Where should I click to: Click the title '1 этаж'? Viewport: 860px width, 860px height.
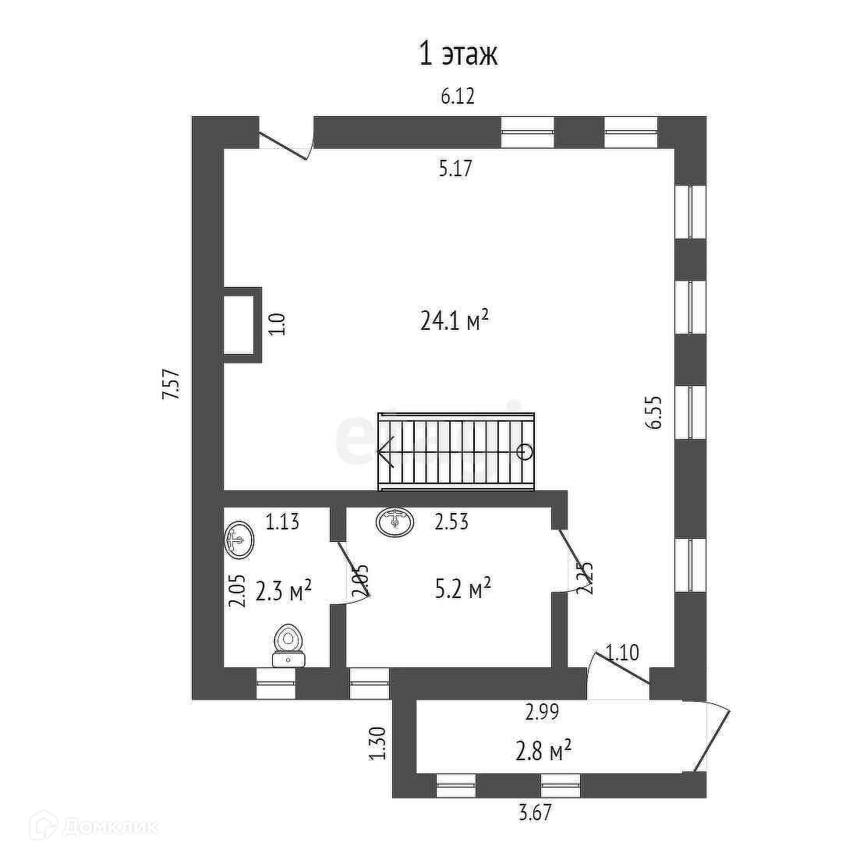[x=458, y=55]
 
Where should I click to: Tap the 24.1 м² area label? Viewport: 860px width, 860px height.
[x=455, y=320]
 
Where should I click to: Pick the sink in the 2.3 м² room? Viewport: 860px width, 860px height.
[x=239, y=540]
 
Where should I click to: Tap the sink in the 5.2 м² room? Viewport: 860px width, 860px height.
[x=396, y=521]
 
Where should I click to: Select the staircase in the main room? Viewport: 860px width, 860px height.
[x=456, y=451]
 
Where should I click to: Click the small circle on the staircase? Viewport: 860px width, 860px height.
[x=525, y=451]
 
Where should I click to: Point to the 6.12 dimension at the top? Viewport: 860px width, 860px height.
[x=458, y=97]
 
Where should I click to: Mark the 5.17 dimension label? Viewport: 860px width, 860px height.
[x=455, y=168]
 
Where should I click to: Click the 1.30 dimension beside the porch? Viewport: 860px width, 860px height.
[x=377, y=743]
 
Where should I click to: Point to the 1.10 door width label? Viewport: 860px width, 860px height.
[x=623, y=652]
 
